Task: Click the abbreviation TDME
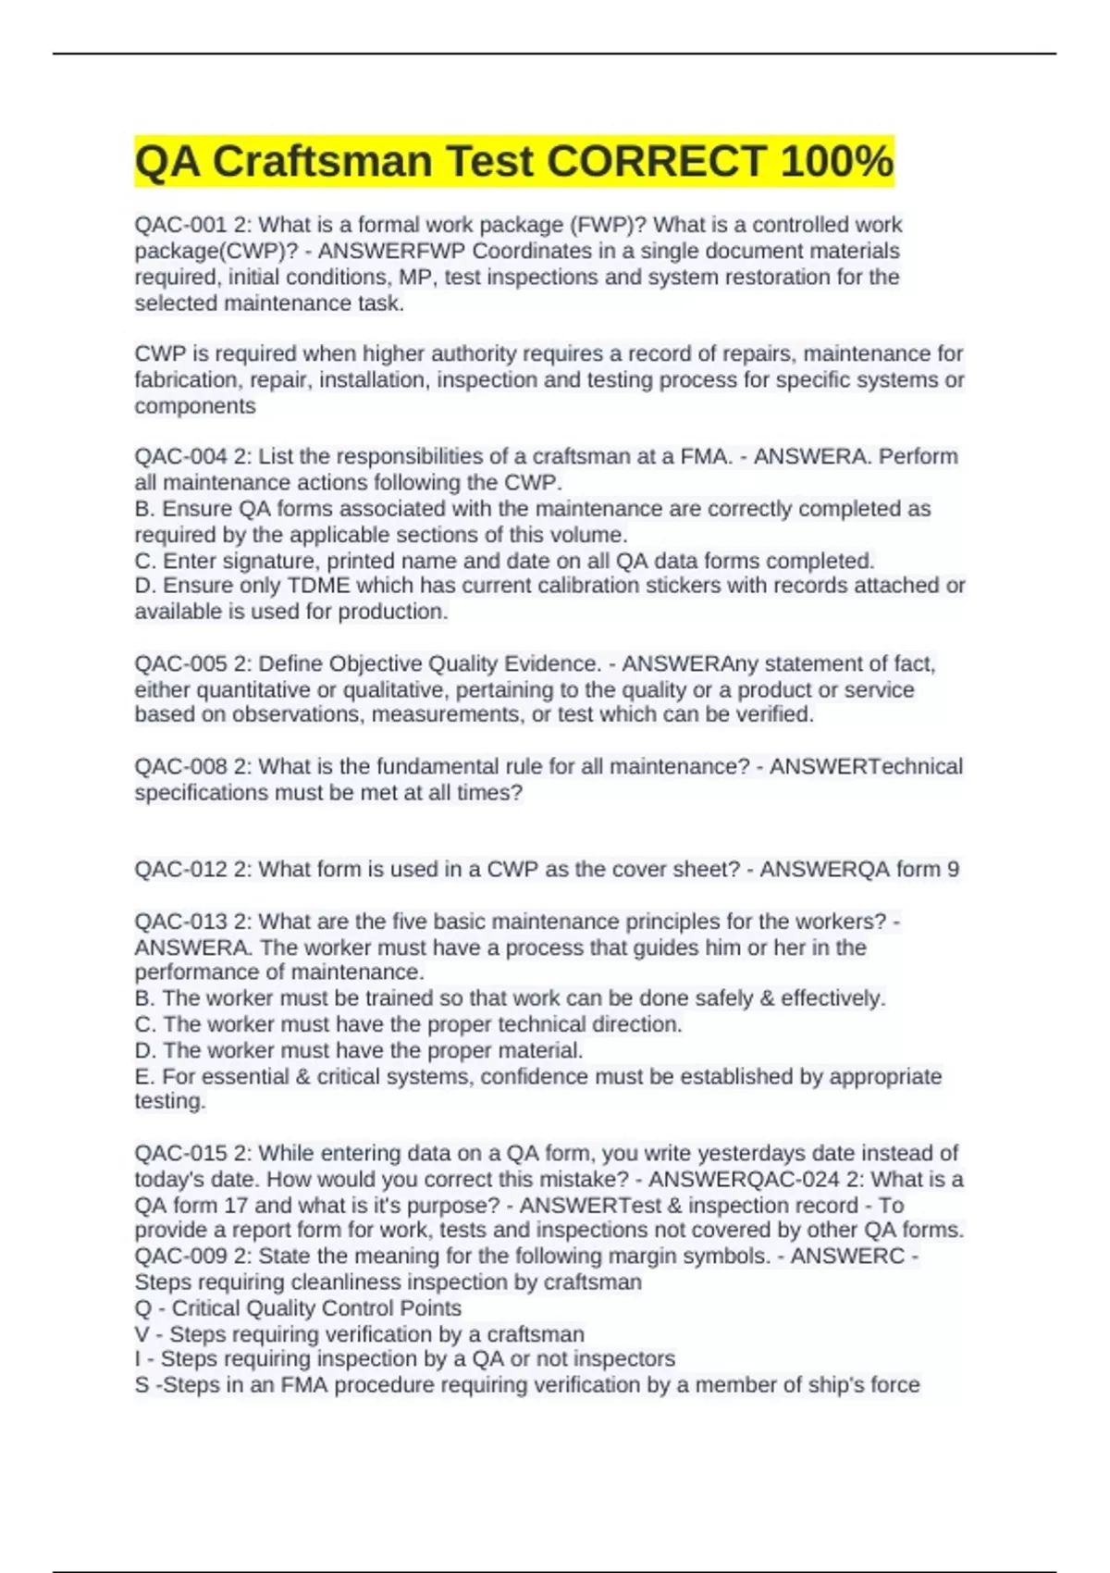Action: pos(319,585)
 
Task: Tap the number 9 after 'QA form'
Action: pos(953,869)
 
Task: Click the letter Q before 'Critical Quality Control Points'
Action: pos(142,1307)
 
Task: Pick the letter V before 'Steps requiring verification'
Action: pos(142,1333)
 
